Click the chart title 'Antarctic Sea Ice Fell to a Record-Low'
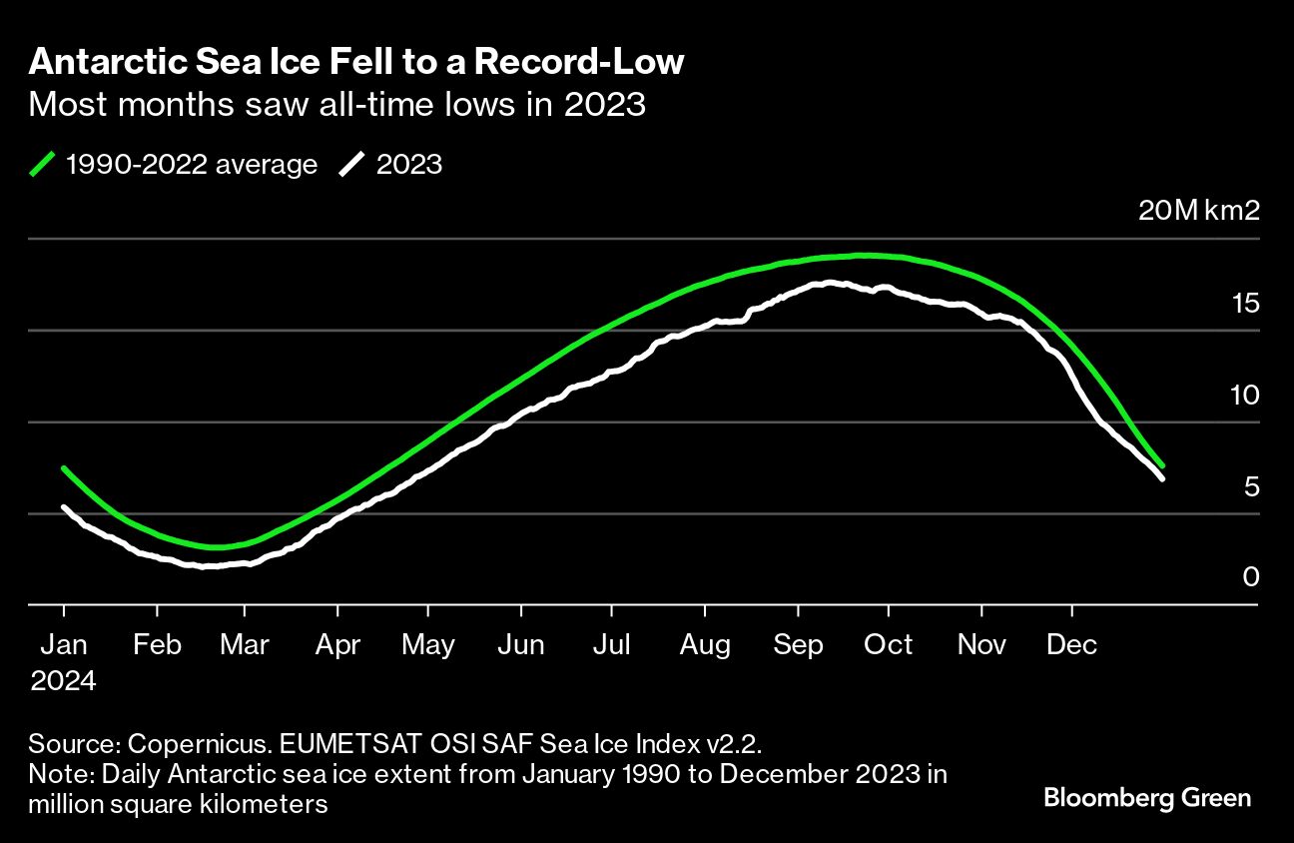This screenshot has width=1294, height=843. click(356, 62)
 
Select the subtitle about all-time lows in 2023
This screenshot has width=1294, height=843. click(336, 104)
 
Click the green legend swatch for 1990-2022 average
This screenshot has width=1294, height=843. click(44, 164)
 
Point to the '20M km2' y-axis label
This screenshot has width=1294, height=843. click(1199, 211)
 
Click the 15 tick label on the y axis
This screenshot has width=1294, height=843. click(1246, 304)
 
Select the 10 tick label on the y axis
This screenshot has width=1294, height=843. click(1245, 396)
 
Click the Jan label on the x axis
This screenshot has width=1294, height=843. click(64, 645)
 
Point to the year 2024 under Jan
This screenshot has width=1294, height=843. click(64, 682)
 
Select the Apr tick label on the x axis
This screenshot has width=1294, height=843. click(337, 645)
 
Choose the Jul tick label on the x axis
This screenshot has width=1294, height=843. click(611, 645)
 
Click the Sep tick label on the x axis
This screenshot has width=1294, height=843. click(798, 645)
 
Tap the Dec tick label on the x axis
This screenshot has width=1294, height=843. click(1072, 645)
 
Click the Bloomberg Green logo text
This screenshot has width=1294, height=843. click(1147, 798)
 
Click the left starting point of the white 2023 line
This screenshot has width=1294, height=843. click(64, 507)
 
